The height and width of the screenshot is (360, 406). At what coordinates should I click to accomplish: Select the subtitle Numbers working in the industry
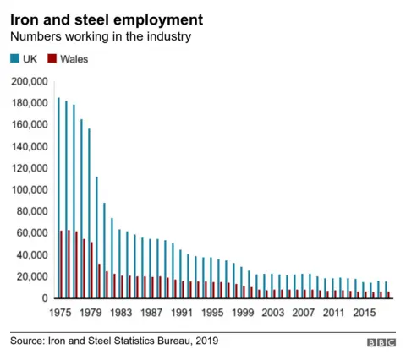pyautogui.click(x=101, y=37)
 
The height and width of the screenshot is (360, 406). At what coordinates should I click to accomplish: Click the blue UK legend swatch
pyautogui.click(x=14, y=59)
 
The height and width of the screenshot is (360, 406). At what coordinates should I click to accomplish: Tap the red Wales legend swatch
pyautogui.click(x=51, y=59)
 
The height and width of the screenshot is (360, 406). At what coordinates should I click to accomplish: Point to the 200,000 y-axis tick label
pyautogui.click(x=30, y=82)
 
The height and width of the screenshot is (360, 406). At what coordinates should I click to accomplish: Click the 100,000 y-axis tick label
pyautogui.click(x=30, y=190)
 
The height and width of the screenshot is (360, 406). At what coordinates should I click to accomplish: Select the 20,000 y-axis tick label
pyautogui.click(x=32, y=277)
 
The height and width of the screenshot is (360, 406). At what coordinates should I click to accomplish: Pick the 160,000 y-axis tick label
pyautogui.click(x=30, y=125)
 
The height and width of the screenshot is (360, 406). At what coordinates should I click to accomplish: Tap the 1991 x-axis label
pyautogui.click(x=181, y=312)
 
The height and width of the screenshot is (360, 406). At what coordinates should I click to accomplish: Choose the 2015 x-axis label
pyautogui.click(x=365, y=312)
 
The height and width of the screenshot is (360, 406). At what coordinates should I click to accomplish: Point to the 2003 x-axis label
pyautogui.click(x=272, y=312)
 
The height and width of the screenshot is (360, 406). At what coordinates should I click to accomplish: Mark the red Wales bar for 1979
pyautogui.click(x=92, y=270)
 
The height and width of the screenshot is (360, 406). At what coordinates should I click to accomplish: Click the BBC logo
pyautogui.click(x=381, y=341)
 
